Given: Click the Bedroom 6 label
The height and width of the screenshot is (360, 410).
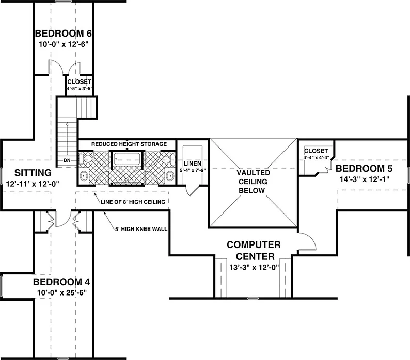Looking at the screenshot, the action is click(64, 34).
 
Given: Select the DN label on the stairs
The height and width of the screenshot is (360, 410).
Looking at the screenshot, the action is click(67, 160).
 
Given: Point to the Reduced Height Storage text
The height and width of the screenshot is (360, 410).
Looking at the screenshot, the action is click(129, 144).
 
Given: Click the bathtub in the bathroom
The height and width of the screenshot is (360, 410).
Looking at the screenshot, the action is click(127, 159).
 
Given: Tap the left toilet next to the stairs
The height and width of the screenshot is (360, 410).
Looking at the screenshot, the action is click(85, 159).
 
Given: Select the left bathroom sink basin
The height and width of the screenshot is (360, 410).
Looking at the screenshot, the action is click(84, 176).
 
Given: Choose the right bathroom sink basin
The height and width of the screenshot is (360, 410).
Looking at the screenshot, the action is click(170, 176).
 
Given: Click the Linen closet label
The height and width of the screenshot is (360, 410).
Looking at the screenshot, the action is click(193, 163).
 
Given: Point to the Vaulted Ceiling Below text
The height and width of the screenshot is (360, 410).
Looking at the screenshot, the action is click(253, 182).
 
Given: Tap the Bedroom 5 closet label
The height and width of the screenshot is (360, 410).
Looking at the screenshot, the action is click(316, 151).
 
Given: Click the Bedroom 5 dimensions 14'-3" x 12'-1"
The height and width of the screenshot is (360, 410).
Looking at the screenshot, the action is click(365, 179).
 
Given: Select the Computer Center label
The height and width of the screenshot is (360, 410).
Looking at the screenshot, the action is click(254, 251).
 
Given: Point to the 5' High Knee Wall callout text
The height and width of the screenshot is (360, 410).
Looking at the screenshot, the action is click(141, 229).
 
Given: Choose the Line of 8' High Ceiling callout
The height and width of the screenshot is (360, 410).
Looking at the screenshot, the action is click(133, 202).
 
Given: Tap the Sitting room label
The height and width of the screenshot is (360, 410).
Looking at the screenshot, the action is click(33, 173).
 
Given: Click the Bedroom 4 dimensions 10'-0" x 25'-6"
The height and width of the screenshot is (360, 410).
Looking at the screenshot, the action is click(62, 292).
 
